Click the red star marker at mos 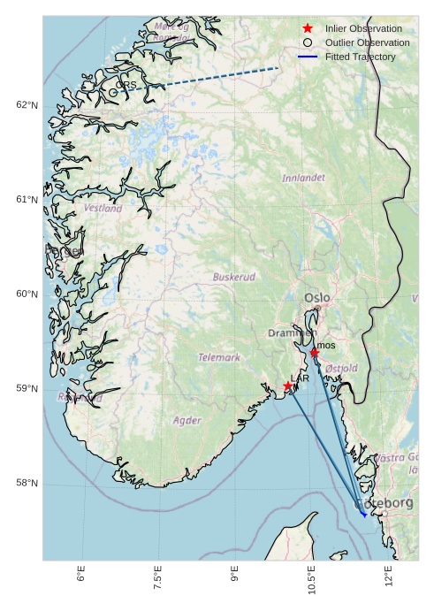(x=315, y=352)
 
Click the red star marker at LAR (x=288, y=386)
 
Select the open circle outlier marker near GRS (x=113, y=92)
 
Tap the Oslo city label (x=316, y=299)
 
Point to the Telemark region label (x=219, y=358)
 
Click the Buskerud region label (x=234, y=277)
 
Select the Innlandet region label (x=303, y=178)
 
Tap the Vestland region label (x=103, y=209)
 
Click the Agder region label (x=187, y=421)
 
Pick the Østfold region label (x=341, y=368)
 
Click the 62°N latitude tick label (x=27, y=105)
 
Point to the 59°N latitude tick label (x=27, y=389)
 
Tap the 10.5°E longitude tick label (x=311, y=584)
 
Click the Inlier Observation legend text (x=363, y=28)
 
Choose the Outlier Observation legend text (x=367, y=42)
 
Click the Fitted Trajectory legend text (x=360, y=57)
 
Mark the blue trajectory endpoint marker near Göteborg (x=364, y=515)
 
